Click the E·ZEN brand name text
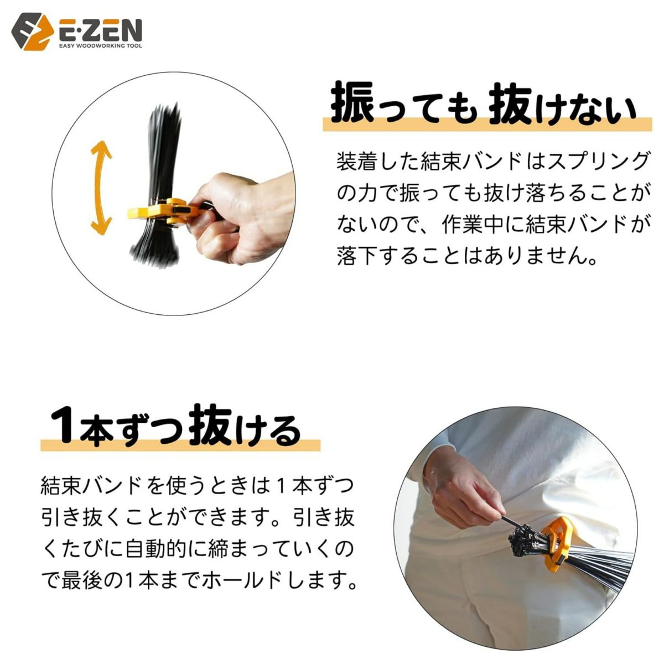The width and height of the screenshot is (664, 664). tap(100, 29)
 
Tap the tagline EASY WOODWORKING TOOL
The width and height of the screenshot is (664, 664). tap(100, 45)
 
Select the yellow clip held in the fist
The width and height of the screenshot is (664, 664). tap(160, 213)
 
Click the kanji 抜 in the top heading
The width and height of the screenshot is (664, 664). tap(511, 102)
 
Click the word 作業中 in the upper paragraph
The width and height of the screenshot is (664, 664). tap(482, 225)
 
